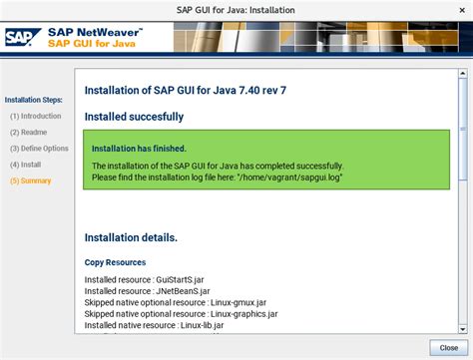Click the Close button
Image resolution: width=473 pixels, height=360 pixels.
442,347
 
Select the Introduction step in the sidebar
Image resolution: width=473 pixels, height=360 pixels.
35,116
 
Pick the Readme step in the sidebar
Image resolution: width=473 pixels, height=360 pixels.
28,132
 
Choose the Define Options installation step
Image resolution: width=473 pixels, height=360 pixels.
39,148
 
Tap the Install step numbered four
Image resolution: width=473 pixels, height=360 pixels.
25,164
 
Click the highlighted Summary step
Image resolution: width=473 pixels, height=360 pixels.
30,180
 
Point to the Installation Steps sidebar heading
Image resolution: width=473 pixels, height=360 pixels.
33,100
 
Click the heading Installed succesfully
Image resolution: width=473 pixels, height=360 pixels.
134,117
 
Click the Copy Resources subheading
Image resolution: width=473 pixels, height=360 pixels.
116,262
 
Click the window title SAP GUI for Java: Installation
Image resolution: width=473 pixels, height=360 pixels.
236,7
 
